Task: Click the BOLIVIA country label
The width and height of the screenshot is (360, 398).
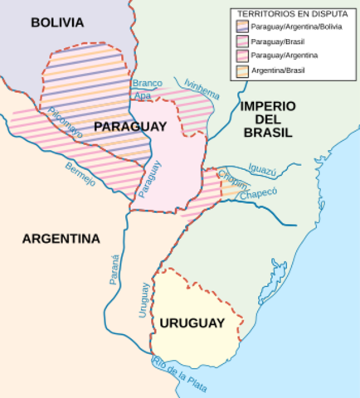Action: [58, 22]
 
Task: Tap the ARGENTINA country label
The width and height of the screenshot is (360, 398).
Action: [61, 239]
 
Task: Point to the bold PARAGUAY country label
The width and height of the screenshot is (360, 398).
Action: [130, 126]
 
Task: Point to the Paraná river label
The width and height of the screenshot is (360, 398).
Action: [115, 269]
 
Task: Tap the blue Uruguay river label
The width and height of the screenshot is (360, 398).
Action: [143, 300]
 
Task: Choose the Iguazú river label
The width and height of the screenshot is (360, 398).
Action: [262, 170]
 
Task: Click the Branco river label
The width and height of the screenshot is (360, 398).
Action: [146, 83]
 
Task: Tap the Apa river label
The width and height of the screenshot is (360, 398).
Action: [142, 96]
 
